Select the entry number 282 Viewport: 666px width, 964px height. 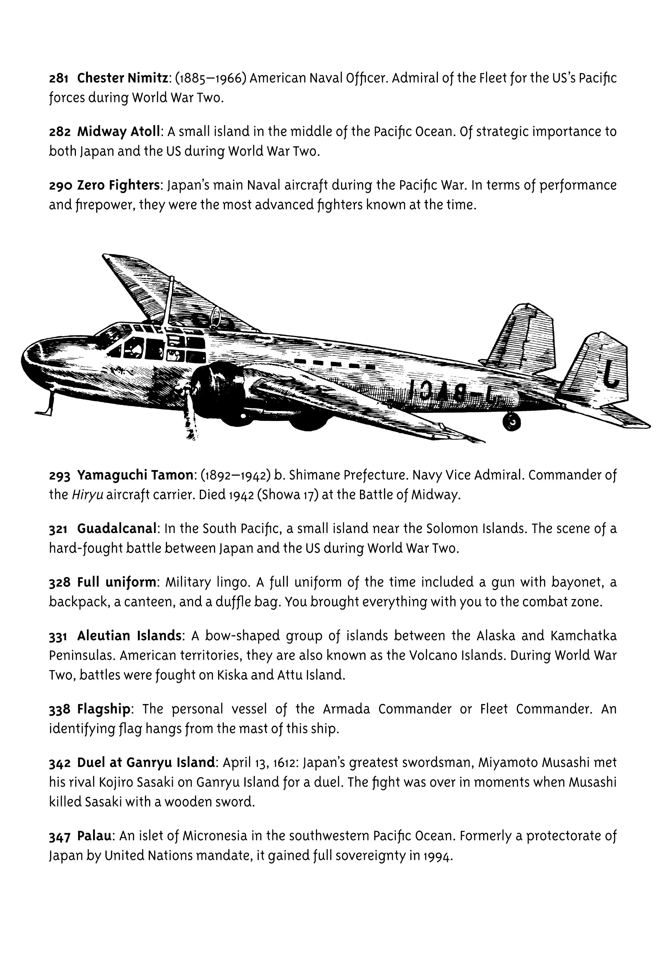59,132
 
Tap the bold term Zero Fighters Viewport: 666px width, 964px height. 119,185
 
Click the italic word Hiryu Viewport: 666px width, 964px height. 87,495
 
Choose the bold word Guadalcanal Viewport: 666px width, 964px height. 116,529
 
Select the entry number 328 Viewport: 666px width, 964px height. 59,583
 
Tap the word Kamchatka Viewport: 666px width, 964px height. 583,636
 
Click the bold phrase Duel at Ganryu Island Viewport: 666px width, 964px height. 146,763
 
